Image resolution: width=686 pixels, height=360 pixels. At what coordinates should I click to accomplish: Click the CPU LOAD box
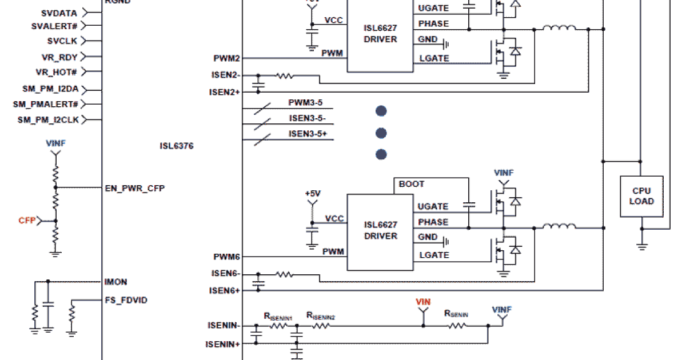pyautogui.click(x=641, y=196)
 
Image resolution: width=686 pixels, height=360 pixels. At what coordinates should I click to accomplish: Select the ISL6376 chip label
pyautogui.click(x=177, y=146)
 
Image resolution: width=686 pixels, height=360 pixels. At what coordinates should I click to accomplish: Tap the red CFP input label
pyautogui.click(x=27, y=220)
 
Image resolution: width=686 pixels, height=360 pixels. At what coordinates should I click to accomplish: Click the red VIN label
pyautogui.click(x=423, y=302)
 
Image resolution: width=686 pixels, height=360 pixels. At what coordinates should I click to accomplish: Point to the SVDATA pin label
pyautogui.click(x=59, y=13)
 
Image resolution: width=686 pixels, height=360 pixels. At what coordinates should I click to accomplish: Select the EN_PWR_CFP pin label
pyautogui.click(x=134, y=188)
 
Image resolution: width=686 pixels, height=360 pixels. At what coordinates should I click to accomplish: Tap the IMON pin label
pyautogui.click(x=116, y=282)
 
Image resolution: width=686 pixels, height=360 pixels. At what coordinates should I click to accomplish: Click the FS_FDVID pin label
pyautogui.click(x=126, y=300)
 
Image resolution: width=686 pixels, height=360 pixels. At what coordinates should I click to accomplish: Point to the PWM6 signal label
pyautogui.click(x=226, y=257)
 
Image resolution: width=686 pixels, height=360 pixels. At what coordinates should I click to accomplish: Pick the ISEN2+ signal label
pyautogui.click(x=224, y=91)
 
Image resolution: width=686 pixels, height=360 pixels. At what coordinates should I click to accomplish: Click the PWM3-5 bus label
pyautogui.click(x=305, y=103)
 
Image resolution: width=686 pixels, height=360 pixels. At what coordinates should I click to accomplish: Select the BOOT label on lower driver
pyautogui.click(x=412, y=184)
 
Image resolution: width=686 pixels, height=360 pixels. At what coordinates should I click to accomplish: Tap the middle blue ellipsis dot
pyautogui.click(x=381, y=133)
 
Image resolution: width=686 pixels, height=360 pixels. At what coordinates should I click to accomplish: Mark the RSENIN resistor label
pyautogui.click(x=456, y=314)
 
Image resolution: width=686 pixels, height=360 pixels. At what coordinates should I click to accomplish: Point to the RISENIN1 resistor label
pyautogui.click(x=278, y=315)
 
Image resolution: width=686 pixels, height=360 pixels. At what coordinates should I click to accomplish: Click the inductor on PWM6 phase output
pyautogui.click(x=559, y=227)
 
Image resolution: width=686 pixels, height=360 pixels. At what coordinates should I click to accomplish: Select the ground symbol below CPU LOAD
pyautogui.click(x=642, y=246)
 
